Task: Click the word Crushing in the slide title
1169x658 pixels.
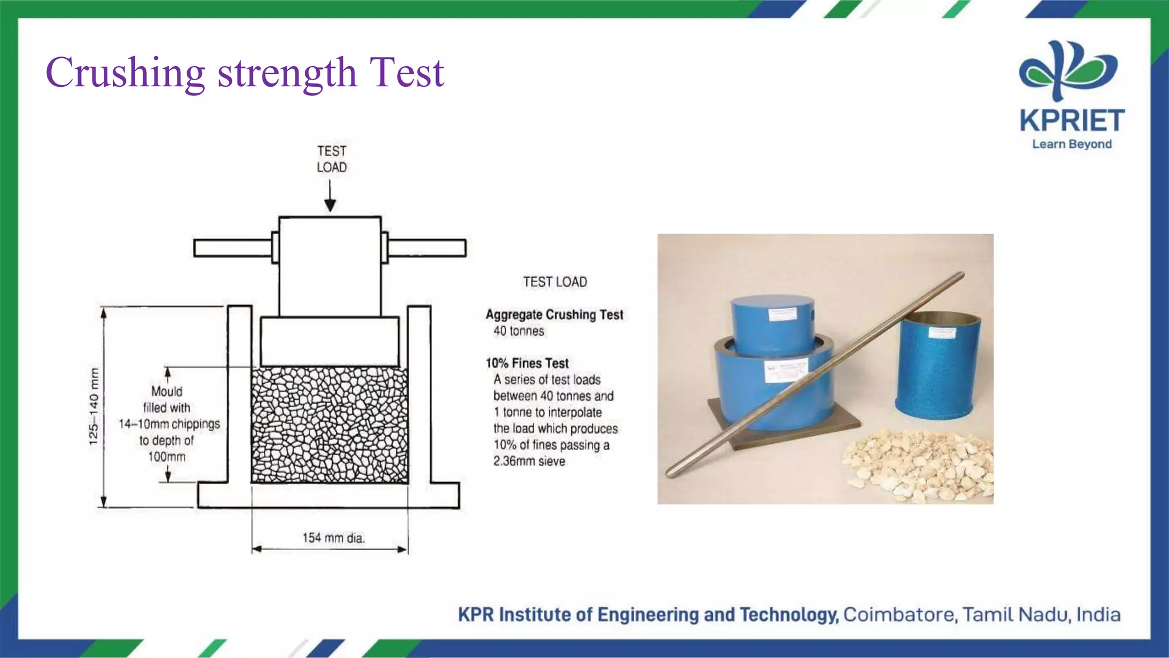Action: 125,73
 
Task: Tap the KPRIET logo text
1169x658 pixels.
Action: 1071,121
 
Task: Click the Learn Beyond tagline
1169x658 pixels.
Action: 1071,144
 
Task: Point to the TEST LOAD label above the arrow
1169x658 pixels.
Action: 332,159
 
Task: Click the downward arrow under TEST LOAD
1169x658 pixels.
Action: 330,197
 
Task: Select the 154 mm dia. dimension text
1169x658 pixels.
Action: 333,537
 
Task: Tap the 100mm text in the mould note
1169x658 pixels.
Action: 167,457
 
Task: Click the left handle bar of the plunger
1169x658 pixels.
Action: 232,248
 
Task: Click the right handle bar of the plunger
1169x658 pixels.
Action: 427,248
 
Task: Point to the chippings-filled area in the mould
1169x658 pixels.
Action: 330,426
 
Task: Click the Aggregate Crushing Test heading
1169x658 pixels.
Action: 554,315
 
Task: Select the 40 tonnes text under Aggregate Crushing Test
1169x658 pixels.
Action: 518,331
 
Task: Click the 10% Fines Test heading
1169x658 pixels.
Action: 527,363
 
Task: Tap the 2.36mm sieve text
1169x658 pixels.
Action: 529,462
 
